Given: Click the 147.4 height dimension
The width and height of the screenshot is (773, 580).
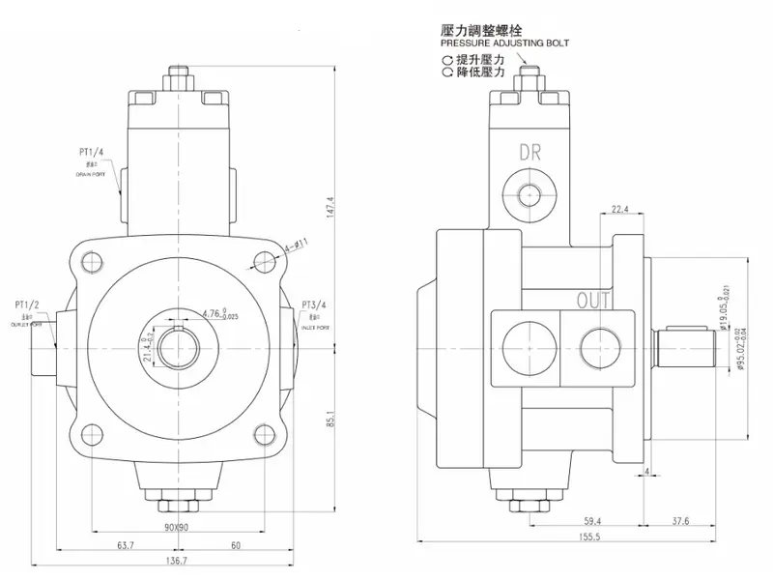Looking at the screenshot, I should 330,207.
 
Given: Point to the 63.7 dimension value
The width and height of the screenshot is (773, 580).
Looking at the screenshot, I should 126,546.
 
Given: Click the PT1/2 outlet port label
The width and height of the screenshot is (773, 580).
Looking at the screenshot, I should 25,306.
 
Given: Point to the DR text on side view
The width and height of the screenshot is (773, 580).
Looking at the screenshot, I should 530,152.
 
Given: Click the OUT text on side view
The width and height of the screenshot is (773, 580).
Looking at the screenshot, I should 593,301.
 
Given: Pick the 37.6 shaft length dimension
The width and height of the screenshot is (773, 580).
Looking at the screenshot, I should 680,521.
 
